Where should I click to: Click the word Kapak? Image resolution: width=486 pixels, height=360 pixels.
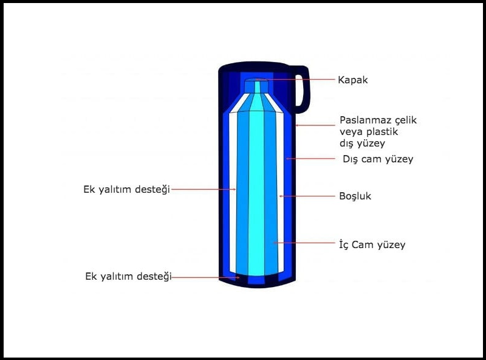click(353, 80)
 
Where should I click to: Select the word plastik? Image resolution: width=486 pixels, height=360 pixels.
click(382, 132)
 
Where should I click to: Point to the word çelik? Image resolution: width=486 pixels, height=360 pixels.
click(402, 121)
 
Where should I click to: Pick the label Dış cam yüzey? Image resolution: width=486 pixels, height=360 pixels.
click(378, 159)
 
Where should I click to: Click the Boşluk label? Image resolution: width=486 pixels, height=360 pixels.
click(355, 196)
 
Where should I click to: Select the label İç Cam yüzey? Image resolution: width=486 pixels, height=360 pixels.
click(372, 244)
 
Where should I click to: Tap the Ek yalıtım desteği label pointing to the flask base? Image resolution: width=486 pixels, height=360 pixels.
click(128, 277)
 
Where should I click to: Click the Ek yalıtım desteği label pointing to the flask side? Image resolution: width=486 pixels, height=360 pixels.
click(127, 189)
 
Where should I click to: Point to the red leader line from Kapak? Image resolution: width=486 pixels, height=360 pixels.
click(296, 80)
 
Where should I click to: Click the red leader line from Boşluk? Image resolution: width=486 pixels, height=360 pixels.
click(307, 196)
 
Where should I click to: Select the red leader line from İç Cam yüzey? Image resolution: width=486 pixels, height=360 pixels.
click(304, 243)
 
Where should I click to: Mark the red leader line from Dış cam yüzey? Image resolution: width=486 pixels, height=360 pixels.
click(310, 159)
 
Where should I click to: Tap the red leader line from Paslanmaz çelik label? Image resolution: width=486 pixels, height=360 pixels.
click(315, 125)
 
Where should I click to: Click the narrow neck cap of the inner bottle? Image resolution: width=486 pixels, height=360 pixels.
click(256, 86)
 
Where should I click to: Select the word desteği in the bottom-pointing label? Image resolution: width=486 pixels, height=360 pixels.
click(154, 277)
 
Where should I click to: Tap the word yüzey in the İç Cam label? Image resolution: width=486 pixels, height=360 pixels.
click(391, 245)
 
